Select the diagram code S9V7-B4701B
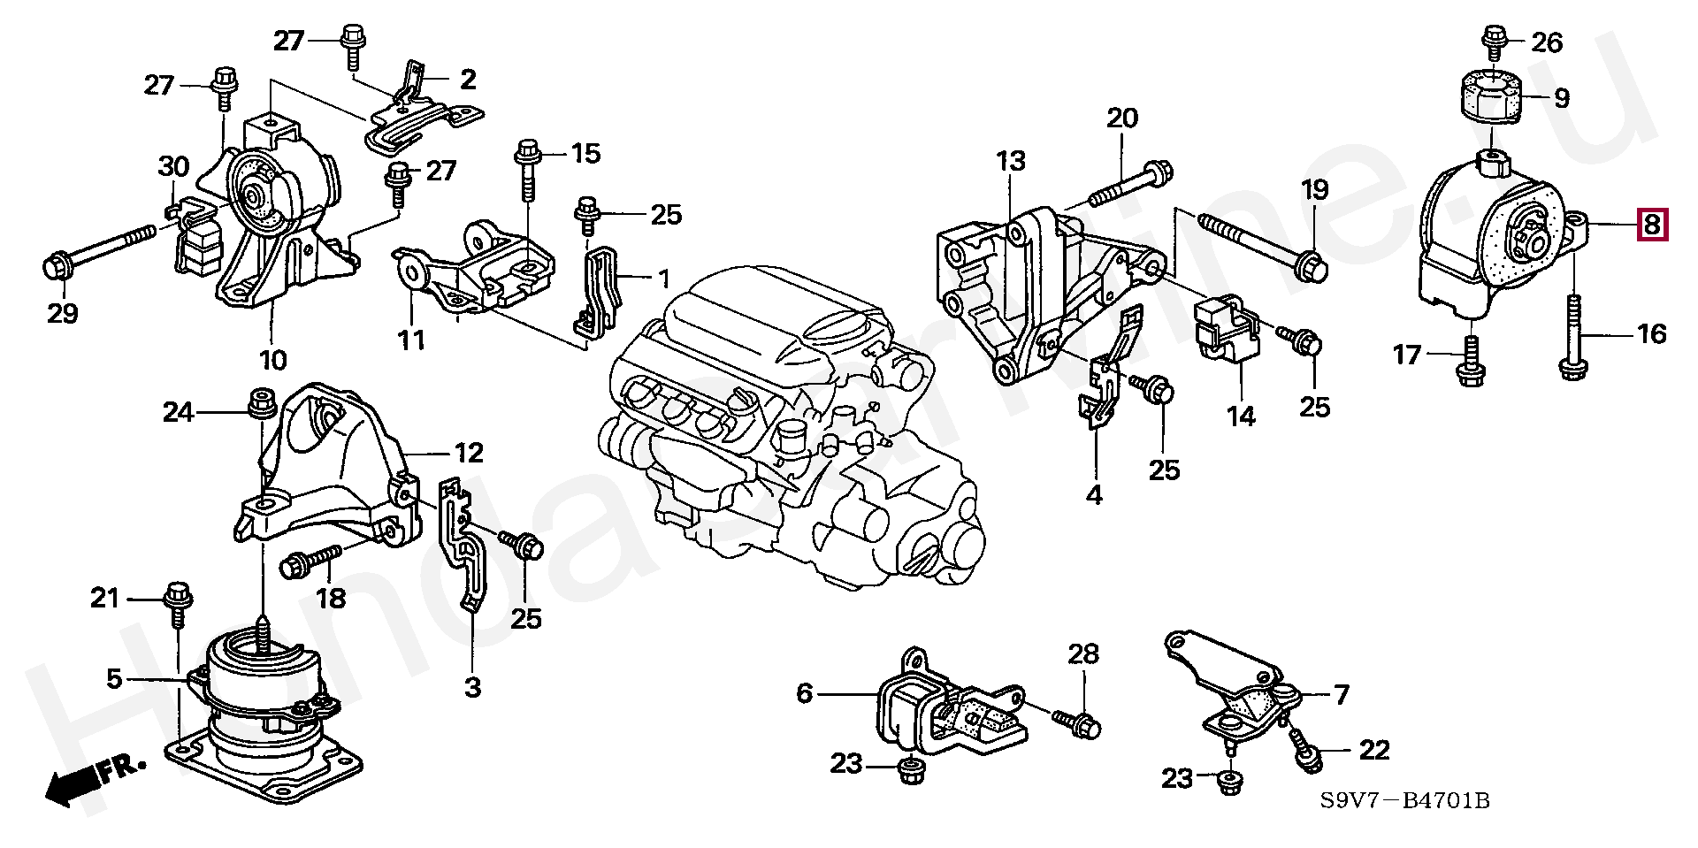(1405, 801)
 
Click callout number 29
(63, 313)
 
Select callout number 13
(1011, 161)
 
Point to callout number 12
(469, 454)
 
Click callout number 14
(1241, 416)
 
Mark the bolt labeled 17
(1470, 361)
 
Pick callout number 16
(1651, 334)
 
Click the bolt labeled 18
(310, 562)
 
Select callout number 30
(174, 166)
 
